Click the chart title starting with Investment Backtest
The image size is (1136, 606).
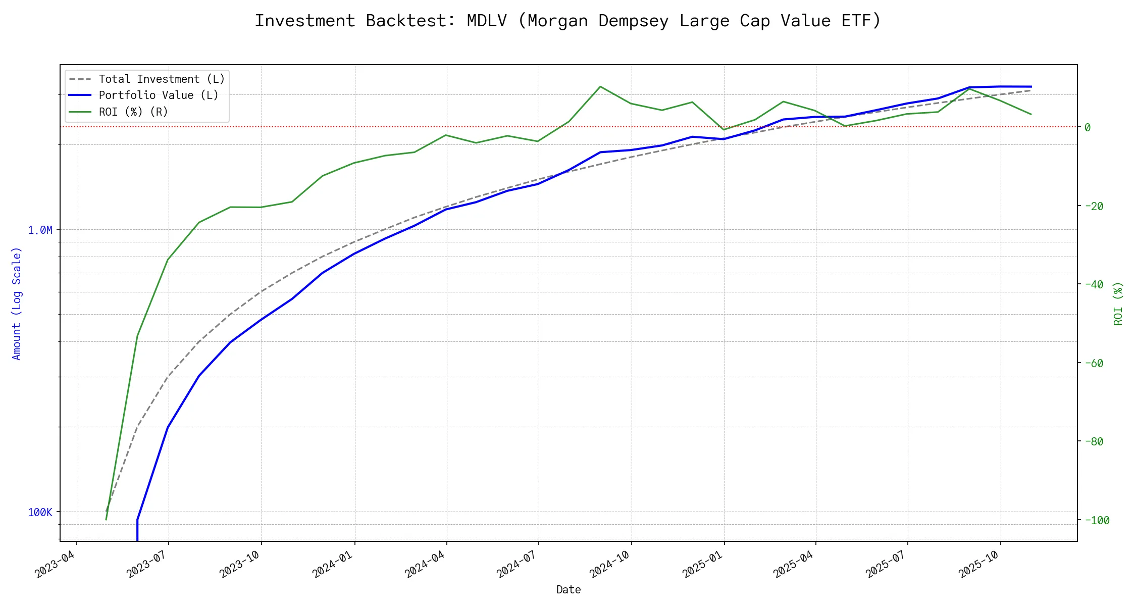tap(567, 21)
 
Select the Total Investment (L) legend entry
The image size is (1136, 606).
tap(162, 79)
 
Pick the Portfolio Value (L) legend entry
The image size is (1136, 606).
tap(159, 95)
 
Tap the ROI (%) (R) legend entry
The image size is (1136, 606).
tap(133, 112)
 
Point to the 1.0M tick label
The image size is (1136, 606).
tap(40, 230)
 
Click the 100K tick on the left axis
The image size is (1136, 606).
tap(40, 513)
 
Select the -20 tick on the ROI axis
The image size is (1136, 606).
tap(1094, 206)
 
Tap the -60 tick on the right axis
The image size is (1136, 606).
tap(1094, 363)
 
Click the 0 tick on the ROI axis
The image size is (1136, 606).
tap(1088, 127)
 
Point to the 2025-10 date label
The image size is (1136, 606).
tap(978, 564)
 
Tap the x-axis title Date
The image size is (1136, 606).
tap(569, 589)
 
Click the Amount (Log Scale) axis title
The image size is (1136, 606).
tap(17, 303)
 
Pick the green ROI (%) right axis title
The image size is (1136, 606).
tap(1118, 303)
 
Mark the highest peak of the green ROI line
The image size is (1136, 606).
tap(600, 86)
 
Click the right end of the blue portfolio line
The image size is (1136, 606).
tap(1031, 86)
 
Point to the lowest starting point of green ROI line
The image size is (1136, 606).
tap(106, 520)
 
